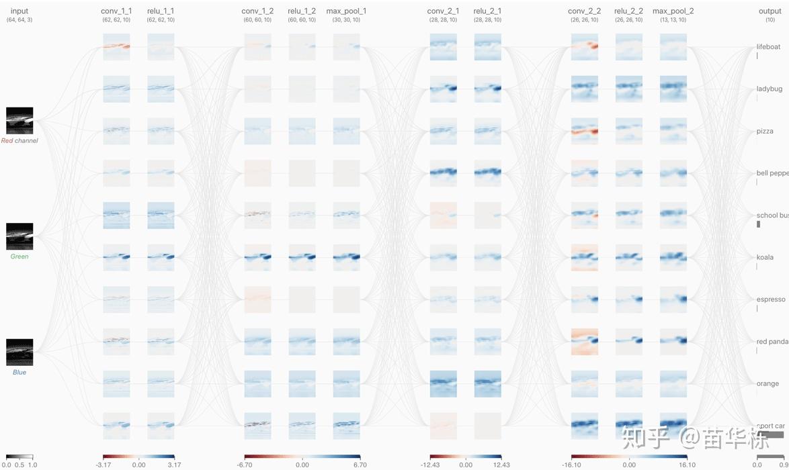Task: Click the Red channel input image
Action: tap(19, 121)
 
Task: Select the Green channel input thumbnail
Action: tap(19, 236)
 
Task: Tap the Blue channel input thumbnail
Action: tap(19, 352)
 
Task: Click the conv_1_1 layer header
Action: tap(116, 11)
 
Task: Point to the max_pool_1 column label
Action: tap(346, 11)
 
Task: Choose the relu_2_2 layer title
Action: tap(628, 11)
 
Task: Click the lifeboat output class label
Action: tap(768, 47)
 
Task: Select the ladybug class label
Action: tap(769, 89)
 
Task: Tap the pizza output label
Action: tap(765, 132)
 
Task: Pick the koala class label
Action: tap(765, 257)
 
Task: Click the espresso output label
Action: tap(770, 299)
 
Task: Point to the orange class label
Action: tap(767, 383)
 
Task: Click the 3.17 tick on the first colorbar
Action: tap(174, 465)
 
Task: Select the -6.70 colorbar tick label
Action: tap(245, 465)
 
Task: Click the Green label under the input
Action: tap(19, 256)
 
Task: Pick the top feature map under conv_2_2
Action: tap(584, 48)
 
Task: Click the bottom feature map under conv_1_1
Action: tap(116, 426)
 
